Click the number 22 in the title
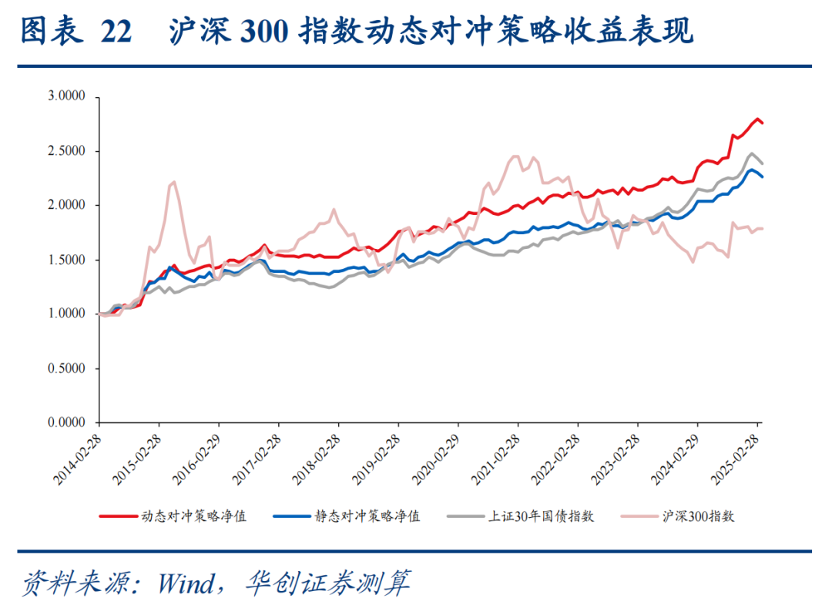pos(116,32)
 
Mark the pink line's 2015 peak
pos(174,182)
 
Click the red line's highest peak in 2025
pos(757,119)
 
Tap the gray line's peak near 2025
pos(751,153)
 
